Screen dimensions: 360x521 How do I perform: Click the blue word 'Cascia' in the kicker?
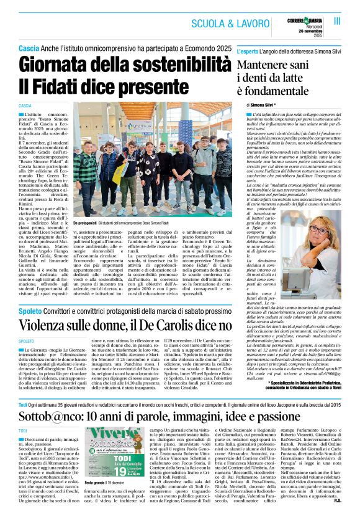pos(29,48)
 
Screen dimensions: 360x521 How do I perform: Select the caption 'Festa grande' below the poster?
pos(95,499)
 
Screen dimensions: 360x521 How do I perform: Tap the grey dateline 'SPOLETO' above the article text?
pos(26,341)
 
